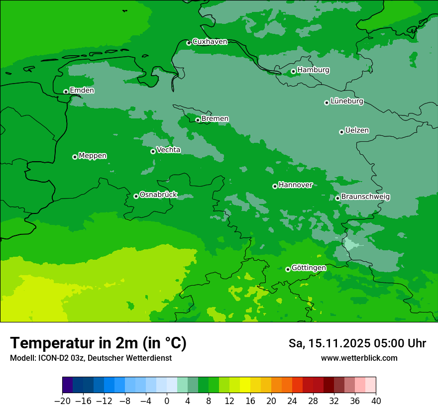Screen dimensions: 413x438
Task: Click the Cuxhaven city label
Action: (210, 42)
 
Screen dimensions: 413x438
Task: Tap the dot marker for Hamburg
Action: (293, 71)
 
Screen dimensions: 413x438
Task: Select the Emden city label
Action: (82, 91)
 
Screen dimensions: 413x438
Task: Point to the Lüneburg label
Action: (346, 102)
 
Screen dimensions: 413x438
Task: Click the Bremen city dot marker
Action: (198, 120)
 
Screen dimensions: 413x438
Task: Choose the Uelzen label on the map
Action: (357, 131)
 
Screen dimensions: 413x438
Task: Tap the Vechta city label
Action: (168, 150)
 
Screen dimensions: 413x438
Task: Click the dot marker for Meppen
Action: (75, 157)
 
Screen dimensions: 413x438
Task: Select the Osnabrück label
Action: (158, 195)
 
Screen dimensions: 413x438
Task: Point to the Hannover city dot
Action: (275, 186)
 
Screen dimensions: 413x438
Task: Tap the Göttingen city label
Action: (309, 268)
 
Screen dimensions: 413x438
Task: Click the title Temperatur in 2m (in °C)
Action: (98, 343)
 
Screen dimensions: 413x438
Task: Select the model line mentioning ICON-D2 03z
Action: (91, 358)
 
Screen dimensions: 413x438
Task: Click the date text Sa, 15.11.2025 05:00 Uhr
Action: (357, 344)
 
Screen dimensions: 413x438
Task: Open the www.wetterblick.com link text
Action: (359, 358)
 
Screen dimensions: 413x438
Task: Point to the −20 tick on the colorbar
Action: (63, 401)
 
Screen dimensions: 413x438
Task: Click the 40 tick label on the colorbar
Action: (376, 401)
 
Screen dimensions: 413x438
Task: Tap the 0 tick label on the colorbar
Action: (167, 401)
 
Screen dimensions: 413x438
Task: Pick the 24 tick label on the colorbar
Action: (292, 401)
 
